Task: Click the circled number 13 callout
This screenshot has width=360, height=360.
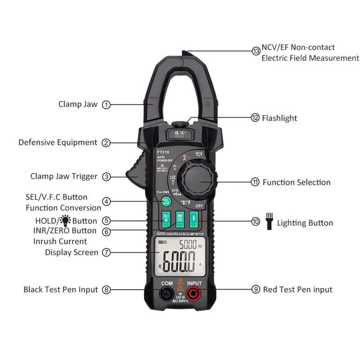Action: tap(256, 51)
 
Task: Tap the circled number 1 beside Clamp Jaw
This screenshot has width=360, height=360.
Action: tap(106, 105)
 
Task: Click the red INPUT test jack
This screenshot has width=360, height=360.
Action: tap(194, 294)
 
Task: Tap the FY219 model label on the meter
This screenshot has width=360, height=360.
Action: tap(163, 152)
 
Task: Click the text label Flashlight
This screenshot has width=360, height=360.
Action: tap(280, 118)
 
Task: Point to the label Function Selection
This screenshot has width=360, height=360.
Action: tap(297, 182)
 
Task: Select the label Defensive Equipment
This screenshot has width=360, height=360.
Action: tap(58, 143)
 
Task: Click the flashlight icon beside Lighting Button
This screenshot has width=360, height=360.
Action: tap(269, 222)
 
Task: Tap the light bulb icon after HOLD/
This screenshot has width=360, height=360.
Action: tap(66, 220)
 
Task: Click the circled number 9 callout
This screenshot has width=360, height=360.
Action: tap(256, 290)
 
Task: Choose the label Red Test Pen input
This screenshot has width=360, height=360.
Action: tap(297, 290)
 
